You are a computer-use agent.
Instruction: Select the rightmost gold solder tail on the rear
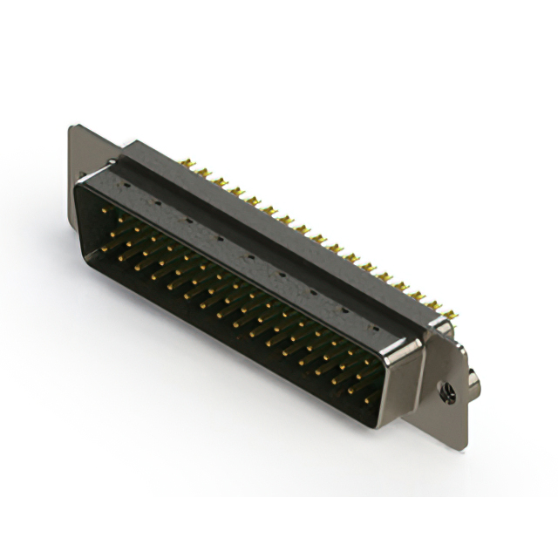pos(455,310)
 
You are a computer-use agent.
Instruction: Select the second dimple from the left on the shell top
pos(156,203)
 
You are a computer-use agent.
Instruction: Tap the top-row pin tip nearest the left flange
pos(105,210)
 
